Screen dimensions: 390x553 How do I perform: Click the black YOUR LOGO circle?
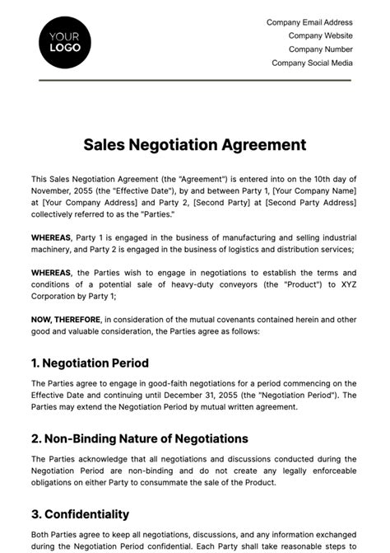pos(65,40)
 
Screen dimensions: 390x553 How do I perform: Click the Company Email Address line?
pos(309,23)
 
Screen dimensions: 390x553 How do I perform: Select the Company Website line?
pos(320,36)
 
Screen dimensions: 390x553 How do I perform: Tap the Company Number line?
pos(320,49)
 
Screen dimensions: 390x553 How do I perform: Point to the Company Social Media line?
pos(312,63)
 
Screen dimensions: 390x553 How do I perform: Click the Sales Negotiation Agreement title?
pos(194,145)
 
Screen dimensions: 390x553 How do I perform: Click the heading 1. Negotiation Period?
pos(90,363)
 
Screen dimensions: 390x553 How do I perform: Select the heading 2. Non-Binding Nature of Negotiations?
pos(139,438)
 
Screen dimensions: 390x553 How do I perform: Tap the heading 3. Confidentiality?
pos(80,514)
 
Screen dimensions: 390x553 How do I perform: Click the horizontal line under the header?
pos(194,80)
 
